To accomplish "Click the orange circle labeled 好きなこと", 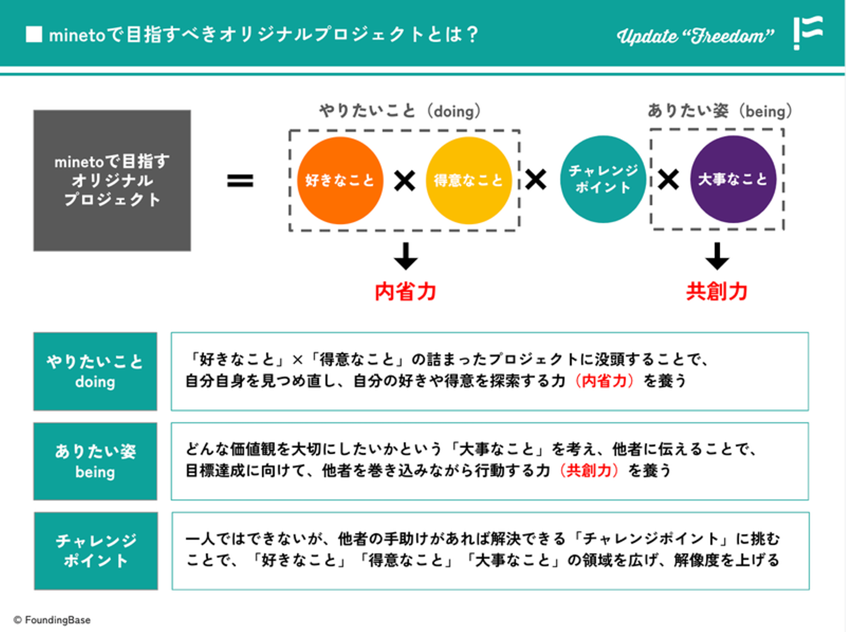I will pos(340,180).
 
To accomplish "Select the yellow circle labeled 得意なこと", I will pos(469,180).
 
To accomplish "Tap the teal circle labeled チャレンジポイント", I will pos(603,179).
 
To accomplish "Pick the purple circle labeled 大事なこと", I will pos(733,179).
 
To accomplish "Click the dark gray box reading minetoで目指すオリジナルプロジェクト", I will pos(112,180).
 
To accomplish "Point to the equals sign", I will pos(240,180).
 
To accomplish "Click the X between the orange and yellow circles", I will pos(405,180).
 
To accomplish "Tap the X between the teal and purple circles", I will pos(669,179).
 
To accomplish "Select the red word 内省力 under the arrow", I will pos(405,292).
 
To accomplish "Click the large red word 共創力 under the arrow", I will pos(717,292).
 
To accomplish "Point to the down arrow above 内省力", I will pos(405,256).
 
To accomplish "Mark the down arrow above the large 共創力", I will pos(717,256).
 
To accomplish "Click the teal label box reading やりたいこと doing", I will pos(95,371).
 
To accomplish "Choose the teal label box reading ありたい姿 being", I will pos(95,461).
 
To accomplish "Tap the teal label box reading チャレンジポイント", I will pos(96,550).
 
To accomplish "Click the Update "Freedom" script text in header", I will pos(696,36).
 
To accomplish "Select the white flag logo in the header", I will pos(808,32).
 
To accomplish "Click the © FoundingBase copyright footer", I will pos(52,620).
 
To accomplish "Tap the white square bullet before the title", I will pos(34,35).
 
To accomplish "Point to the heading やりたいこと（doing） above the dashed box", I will pos(399,111).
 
